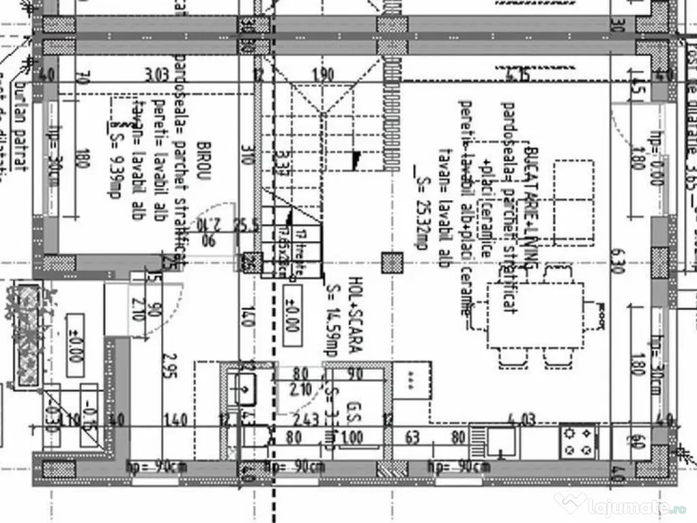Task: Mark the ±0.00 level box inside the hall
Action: [x=291, y=317]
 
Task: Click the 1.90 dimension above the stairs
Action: [x=323, y=74]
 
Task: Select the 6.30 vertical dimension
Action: [x=618, y=261]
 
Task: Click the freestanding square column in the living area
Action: [x=391, y=263]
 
